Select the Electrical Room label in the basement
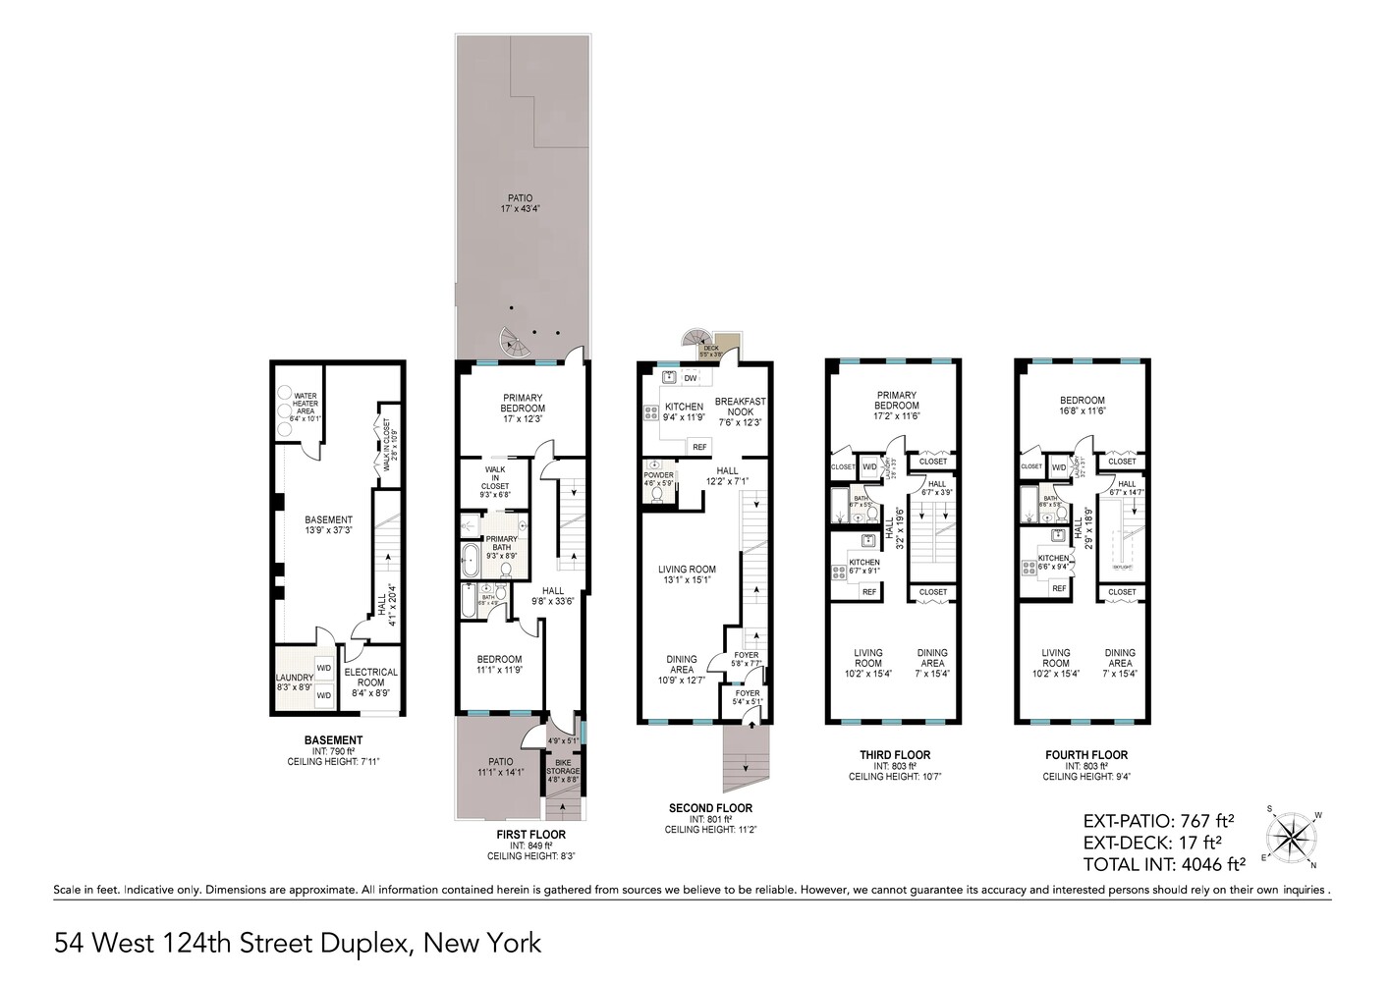371,678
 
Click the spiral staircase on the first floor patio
514,343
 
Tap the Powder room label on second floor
658,478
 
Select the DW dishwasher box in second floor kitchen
690,378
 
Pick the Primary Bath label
501,543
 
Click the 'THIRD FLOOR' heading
895,755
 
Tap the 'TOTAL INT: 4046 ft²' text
1164,865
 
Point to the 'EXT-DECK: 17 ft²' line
1151,843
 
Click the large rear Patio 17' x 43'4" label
521,203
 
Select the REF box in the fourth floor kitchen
1058,588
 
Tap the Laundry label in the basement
294,681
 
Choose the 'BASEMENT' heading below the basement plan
333,739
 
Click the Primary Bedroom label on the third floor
896,400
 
